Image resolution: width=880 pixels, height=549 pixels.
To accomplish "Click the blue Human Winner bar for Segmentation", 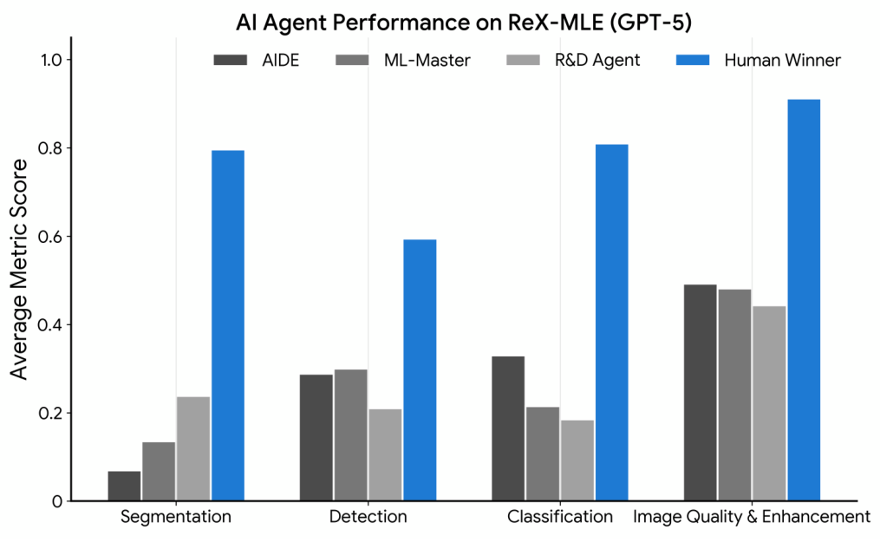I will coord(228,325).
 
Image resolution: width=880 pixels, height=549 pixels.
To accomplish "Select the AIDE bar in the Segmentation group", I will coord(124,486).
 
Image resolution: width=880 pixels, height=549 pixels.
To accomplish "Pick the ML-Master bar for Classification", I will coord(543,454).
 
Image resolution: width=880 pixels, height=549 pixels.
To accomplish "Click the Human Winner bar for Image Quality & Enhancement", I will coord(804,300).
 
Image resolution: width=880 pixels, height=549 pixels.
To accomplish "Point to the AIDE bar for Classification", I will coord(508,428).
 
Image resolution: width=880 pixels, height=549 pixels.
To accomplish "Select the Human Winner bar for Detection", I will coord(420,370).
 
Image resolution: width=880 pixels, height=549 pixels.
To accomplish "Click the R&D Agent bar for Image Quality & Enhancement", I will coord(769,403).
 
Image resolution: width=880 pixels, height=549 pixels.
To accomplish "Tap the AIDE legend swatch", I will coord(231,60).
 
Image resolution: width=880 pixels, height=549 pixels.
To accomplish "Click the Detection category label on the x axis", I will coord(368,518).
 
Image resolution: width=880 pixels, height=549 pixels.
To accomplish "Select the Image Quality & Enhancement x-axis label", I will coord(752,518).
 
